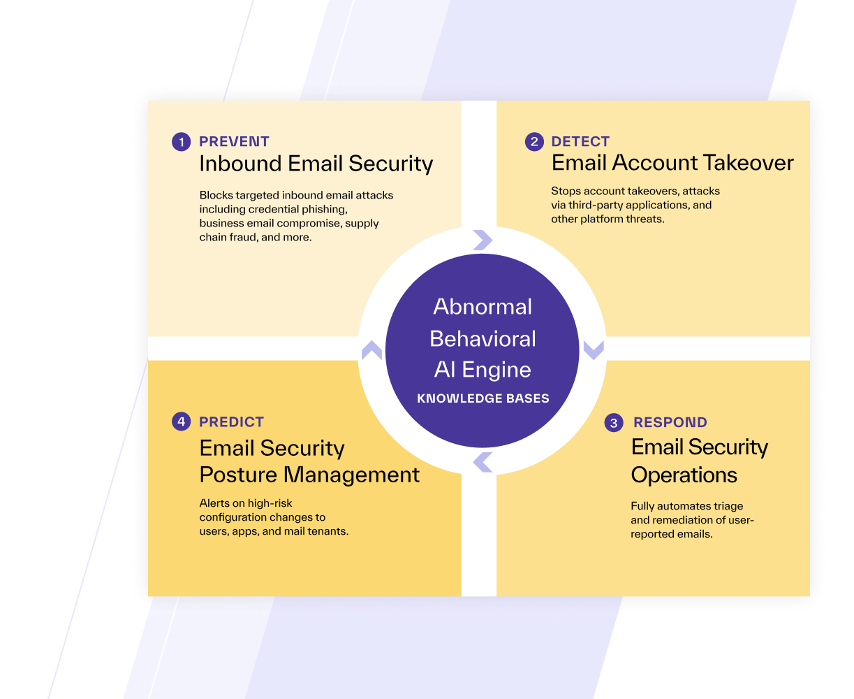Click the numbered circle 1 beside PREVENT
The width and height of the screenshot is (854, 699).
pos(181,142)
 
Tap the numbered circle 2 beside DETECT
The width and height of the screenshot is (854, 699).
pos(534,142)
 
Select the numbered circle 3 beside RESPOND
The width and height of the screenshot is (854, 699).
pos(614,423)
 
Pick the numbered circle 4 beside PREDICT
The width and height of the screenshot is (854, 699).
pos(181,421)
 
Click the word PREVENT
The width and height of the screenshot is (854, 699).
pos(234,141)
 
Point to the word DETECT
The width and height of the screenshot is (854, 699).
pos(580,141)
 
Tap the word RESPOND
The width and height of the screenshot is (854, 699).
pos(670,422)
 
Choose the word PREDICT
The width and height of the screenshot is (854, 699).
pos(231,422)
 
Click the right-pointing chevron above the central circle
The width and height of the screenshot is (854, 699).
pos(483,240)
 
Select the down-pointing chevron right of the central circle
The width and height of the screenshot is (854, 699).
pos(594,350)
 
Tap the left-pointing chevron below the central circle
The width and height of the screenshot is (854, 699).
pos(483,462)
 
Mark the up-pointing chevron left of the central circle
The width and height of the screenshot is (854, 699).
pos(371,350)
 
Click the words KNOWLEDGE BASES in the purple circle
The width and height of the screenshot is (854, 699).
pos(483,398)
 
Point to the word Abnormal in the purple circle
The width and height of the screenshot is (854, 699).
pos(483,307)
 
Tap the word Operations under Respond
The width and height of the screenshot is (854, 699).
pos(684,475)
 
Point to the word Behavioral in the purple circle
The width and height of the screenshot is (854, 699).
pos(483,338)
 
